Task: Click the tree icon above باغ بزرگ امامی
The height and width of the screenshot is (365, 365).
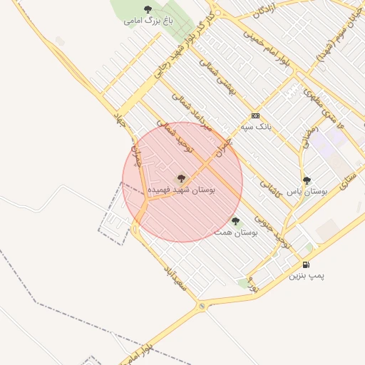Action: coord(148,9)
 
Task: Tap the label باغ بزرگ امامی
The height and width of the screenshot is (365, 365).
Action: coord(148,21)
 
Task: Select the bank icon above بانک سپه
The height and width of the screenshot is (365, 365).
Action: coord(255,115)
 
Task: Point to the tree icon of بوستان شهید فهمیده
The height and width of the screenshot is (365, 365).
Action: coord(181,178)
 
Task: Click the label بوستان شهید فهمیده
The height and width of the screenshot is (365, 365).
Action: coord(181,190)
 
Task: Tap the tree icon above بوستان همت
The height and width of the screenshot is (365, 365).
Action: coord(236,221)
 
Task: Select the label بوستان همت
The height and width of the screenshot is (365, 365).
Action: coord(236,232)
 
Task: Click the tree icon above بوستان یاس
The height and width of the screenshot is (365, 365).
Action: coord(307,180)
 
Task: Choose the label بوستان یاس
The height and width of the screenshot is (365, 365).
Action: coord(307,192)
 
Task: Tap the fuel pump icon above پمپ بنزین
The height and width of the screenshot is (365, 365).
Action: coord(307,264)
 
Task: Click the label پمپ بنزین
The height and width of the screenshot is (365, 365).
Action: coord(307,276)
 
